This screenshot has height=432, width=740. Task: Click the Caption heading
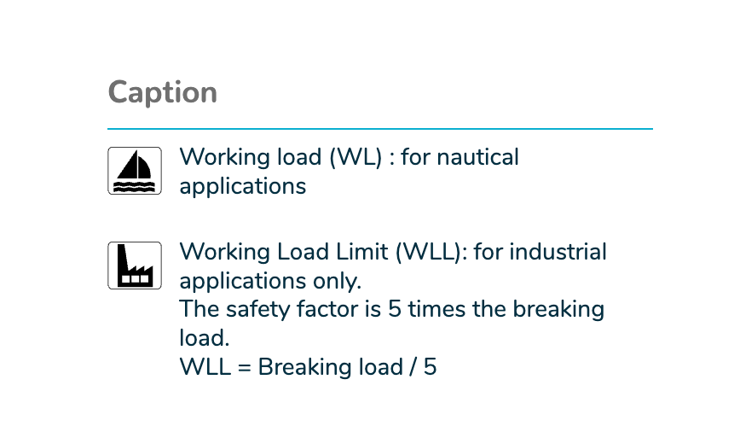pyautogui.click(x=162, y=93)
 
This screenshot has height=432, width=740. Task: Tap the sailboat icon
pyautogui.click(x=135, y=171)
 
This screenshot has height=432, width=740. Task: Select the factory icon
pyautogui.click(x=135, y=266)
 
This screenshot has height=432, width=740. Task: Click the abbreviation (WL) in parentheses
pyautogui.click(x=356, y=157)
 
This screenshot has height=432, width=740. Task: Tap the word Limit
pyautogui.click(x=361, y=252)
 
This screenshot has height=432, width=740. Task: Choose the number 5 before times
pyautogui.click(x=395, y=310)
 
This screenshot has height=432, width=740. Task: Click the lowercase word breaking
pyautogui.click(x=558, y=310)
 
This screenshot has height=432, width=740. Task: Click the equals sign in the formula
pyautogui.click(x=244, y=367)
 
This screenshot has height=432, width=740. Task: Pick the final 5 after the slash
pyautogui.click(x=430, y=367)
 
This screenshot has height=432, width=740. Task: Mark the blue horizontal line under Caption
pyautogui.click(x=380, y=129)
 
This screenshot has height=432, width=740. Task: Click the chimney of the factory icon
pyautogui.click(x=122, y=258)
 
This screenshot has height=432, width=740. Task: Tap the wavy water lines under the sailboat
pyautogui.click(x=135, y=186)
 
